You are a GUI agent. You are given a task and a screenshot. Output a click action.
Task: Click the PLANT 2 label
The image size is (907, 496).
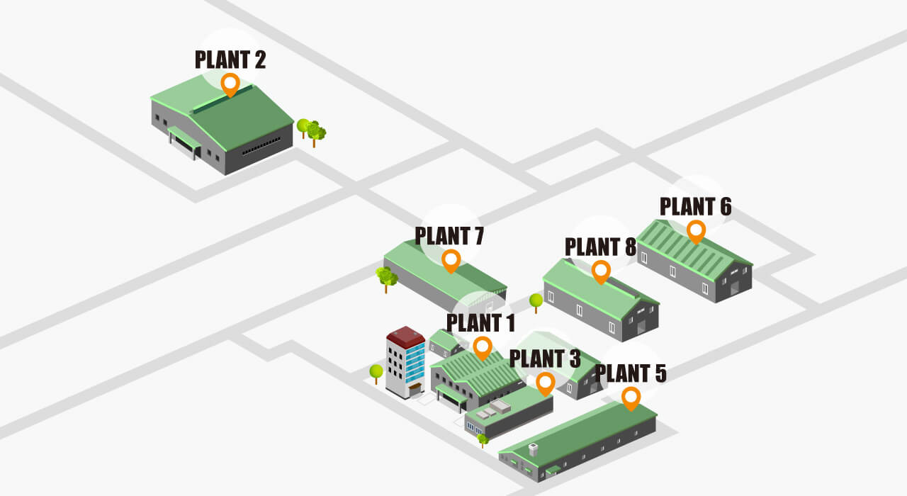pos(230,60)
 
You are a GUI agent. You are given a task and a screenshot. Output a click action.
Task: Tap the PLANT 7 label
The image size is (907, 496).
pos(449,235)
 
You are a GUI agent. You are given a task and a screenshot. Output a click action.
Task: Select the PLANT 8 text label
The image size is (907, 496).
pos(600,247)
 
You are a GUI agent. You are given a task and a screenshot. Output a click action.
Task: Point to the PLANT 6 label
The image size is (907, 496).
pos(695,206)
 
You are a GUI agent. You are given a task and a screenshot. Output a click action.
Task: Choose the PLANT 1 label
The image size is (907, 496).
pos(480,323)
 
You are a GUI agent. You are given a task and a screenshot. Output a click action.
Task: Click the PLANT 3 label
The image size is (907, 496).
pos(545,359)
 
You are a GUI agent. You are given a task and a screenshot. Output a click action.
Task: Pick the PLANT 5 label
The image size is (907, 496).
pos(631,373)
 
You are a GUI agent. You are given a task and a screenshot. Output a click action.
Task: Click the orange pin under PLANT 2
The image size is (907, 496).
pos(230,84)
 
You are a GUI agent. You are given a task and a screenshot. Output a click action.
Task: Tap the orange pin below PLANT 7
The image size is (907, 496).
pos(451,260)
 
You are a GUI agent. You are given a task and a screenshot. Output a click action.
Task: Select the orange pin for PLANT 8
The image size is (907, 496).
pos(601,271)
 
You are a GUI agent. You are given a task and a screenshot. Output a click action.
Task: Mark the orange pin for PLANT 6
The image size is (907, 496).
pos(696,230)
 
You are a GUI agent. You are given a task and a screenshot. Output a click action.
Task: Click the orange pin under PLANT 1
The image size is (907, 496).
pos(483,347)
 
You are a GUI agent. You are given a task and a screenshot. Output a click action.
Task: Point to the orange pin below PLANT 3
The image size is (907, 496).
pos(545,383)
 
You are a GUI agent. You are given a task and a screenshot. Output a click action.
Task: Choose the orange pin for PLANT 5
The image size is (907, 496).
pos(631,398)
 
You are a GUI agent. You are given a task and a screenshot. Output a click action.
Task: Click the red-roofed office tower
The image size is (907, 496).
pos(405,361)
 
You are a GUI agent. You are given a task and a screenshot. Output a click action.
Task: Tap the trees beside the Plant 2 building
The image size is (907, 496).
pos(311,131)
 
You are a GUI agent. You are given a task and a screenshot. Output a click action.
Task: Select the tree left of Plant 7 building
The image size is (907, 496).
pos(386,278)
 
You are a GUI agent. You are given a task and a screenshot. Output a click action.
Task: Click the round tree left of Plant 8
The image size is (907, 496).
pos(536,301)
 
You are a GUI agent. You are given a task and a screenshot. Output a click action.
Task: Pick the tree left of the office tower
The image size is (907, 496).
pos(376,372)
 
